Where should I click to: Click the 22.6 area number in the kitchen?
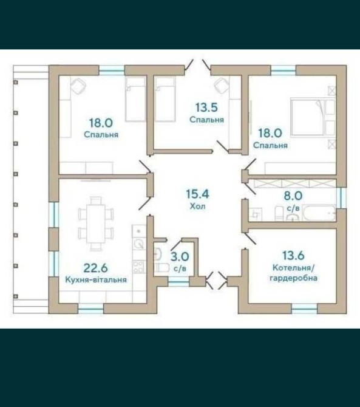coord(96,268)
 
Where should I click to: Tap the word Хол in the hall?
coord(198,206)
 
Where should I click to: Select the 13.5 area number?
coord(206,108)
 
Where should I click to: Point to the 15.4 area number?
coord(198,194)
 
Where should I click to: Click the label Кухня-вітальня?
coord(96,280)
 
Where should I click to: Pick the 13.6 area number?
coord(293,255)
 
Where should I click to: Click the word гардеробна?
coord(293,278)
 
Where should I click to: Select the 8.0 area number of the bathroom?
coord(293,196)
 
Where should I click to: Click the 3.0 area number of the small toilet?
coord(180,257)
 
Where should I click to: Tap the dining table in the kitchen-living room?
coord(96,224)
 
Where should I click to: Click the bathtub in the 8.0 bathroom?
coord(319,213)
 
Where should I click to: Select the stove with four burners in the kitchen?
coord(138,267)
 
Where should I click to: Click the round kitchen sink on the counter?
coord(139,244)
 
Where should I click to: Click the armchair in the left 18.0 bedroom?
coord(78,86)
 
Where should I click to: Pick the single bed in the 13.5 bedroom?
coord(165,99)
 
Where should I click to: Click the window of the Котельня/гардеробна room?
coord(304,309)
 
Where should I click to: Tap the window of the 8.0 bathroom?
coord(341,197)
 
